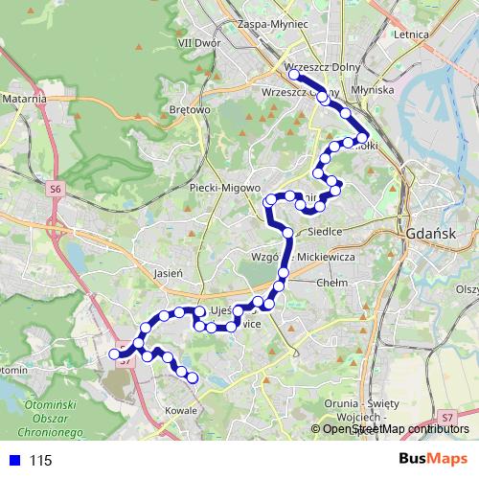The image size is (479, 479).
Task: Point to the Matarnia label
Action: pyautogui.click(x=24, y=98)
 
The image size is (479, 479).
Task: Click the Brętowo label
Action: pyautogui.click(x=189, y=110)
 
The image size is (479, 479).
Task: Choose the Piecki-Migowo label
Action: pyautogui.click(x=220, y=187)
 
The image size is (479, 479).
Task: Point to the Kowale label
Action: pyautogui.click(x=180, y=410)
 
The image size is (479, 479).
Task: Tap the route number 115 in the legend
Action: pyautogui.click(x=40, y=461)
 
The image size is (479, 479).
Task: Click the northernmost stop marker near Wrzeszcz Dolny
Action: pyautogui.click(x=293, y=74)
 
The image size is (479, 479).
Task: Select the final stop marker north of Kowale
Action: pyautogui.click(x=192, y=377)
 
